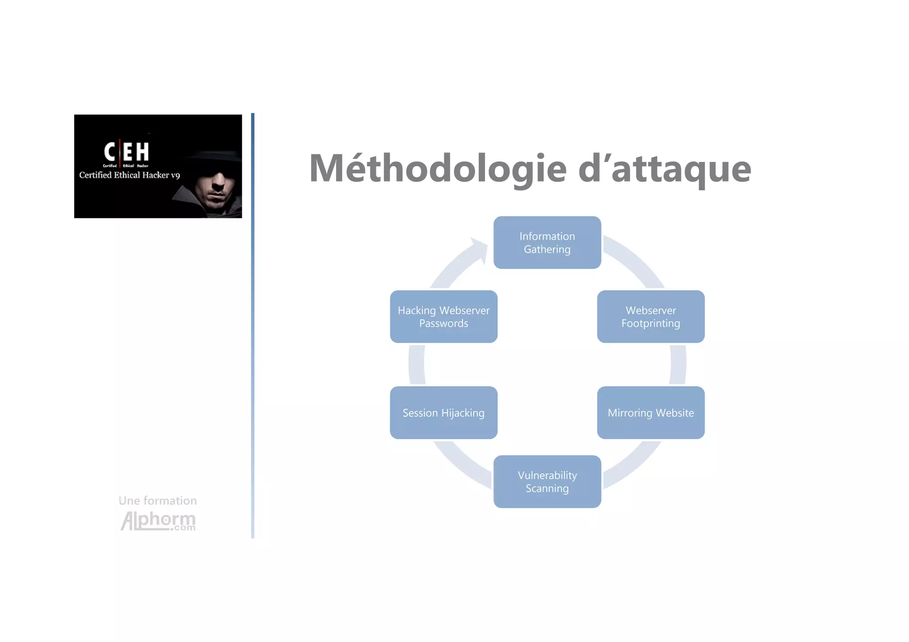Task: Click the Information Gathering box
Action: pyautogui.click(x=547, y=242)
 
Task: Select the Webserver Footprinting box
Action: pyautogui.click(x=650, y=316)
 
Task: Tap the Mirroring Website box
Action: pyautogui.click(x=650, y=413)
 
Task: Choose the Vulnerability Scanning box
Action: pyautogui.click(x=547, y=481)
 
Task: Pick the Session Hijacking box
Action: pyautogui.click(x=443, y=413)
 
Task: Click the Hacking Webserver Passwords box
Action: pyautogui.click(x=443, y=316)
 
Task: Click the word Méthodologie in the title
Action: pyautogui.click(x=438, y=169)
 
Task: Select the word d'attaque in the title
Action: pyautogui.click(x=664, y=169)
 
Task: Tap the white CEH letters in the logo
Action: pyautogui.click(x=126, y=152)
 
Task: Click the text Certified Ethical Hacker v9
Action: pyautogui.click(x=129, y=175)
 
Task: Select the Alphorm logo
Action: pyautogui.click(x=158, y=521)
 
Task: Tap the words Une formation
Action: pyautogui.click(x=158, y=501)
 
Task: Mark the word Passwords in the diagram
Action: pyautogui.click(x=443, y=323)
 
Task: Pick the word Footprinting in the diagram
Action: pyautogui.click(x=650, y=323)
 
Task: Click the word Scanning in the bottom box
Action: pyautogui.click(x=547, y=488)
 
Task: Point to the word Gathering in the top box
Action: pyautogui.click(x=547, y=249)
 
